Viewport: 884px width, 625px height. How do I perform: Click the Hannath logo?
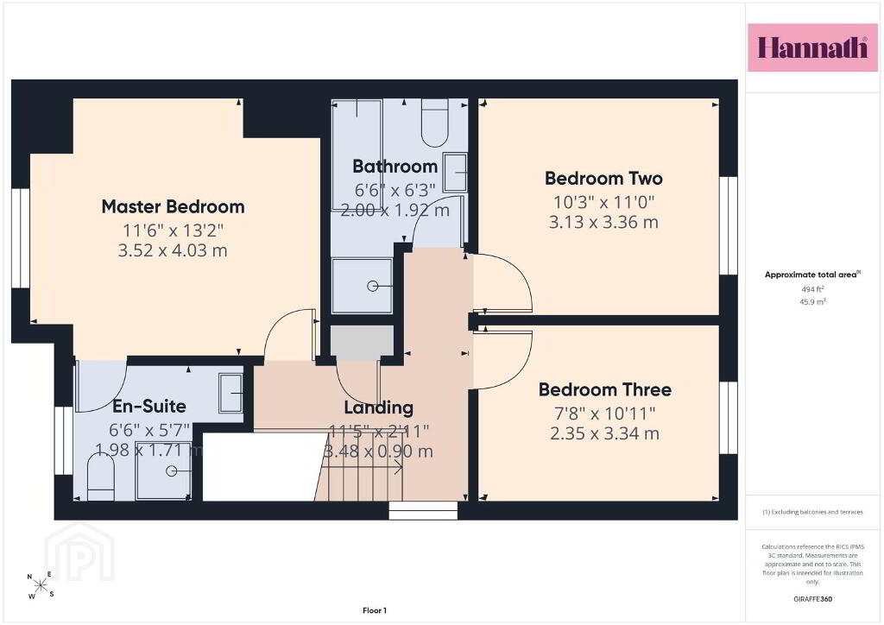point(812,47)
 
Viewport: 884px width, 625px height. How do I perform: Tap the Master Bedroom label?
point(173,207)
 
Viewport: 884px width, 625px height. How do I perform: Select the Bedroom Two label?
point(603,179)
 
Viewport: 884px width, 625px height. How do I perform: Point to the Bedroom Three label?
point(605,390)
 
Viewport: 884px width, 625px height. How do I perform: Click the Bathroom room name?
point(395,167)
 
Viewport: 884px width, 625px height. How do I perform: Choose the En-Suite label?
point(148,407)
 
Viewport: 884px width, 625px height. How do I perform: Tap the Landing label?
point(378,407)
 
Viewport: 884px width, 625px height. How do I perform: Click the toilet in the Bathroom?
point(434,123)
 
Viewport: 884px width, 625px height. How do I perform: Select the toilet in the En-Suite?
point(102,477)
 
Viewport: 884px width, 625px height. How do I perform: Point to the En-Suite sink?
point(231,393)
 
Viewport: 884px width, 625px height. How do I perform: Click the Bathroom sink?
point(455,173)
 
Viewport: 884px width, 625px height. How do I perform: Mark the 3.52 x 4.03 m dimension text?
point(173,250)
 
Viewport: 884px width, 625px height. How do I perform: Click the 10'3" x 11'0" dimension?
point(603,202)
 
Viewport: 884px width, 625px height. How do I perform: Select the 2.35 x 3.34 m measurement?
point(604,433)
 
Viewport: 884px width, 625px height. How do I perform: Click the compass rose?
point(41,585)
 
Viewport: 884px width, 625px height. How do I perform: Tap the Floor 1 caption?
point(375,610)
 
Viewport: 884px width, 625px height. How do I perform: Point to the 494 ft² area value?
point(812,289)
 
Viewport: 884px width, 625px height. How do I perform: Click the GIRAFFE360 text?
point(812,599)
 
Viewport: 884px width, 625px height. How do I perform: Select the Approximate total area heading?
point(812,275)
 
